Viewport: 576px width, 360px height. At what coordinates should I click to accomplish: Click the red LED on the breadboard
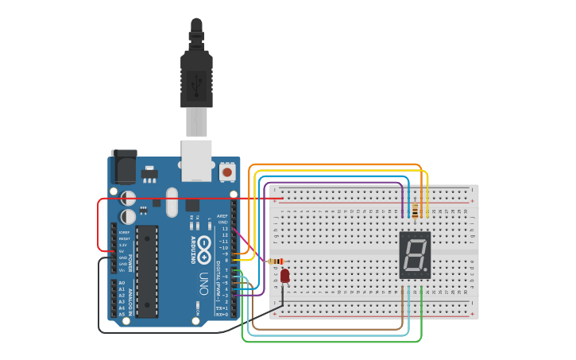coord(284,276)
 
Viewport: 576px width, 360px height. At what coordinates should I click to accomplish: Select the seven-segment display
coord(415,255)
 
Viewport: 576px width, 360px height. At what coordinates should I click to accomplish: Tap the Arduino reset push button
coord(227,171)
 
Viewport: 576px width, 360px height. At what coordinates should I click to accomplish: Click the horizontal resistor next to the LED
coord(276,261)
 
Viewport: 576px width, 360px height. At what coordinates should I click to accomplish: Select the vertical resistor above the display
coord(415,210)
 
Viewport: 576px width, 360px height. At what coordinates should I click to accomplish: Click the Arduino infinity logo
coord(204,244)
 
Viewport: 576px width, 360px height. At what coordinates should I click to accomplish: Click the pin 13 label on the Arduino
coord(225,229)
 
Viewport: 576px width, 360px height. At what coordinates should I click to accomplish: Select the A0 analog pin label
coord(122,283)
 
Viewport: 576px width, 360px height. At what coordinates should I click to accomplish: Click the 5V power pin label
coord(124,252)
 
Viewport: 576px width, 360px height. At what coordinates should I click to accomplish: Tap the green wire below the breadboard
coord(334,341)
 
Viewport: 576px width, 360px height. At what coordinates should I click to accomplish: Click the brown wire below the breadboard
coord(334,328)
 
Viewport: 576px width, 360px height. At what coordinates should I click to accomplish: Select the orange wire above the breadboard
coord(334,165)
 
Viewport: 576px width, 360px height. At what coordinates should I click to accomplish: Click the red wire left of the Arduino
coord(99,223)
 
